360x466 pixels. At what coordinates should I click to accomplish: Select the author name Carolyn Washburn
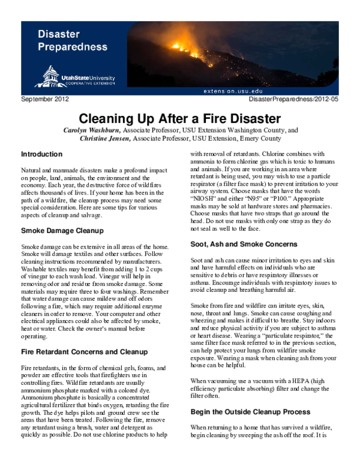(x=97, y=129)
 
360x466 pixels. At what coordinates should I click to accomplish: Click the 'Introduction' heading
(x=42, y=154)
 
